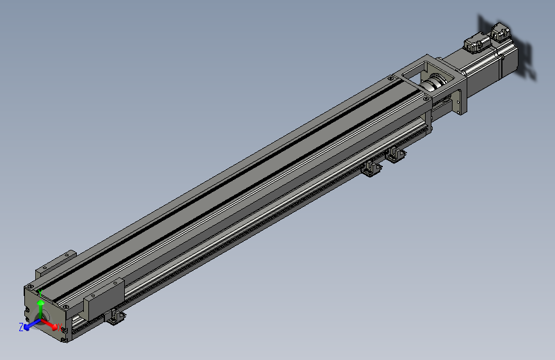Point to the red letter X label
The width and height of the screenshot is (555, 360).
(x=60, y=328)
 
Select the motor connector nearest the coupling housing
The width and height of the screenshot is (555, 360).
(x=474, y=43)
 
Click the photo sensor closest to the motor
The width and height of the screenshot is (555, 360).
(x=395, y=154)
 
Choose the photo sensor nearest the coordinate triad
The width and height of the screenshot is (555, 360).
(x=115, y=316)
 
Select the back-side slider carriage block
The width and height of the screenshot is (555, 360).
(x=55, y=265)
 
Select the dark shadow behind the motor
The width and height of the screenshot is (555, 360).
(x=525, y=58)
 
